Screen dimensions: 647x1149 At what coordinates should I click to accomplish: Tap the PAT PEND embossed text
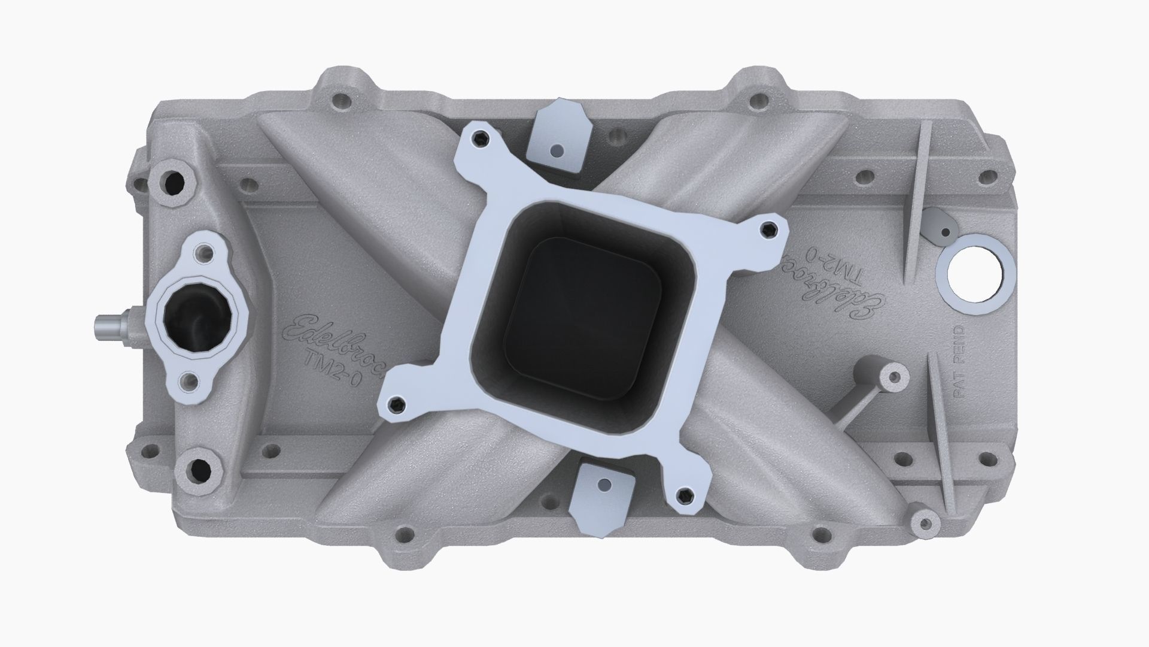959,362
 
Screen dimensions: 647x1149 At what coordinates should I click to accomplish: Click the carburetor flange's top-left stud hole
481,139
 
